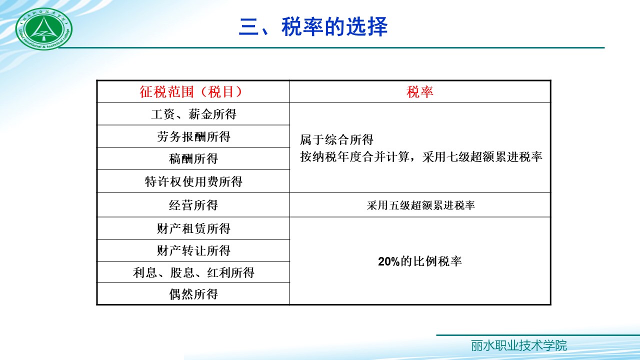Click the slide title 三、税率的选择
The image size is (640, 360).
pyautogui.click(x=313, y=27)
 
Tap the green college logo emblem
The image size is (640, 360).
pyautogui.click(x=44, y=29)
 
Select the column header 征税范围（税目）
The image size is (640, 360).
pyautogui.click(x=193, y=92)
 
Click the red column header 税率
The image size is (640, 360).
pyautogui.click(x=420, y=92)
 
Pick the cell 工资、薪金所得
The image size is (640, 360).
pyautogui.click(x=193, y=114)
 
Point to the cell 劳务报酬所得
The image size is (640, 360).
pyautogui.click(x=193, y=136)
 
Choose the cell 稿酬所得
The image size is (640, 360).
pyautogui.click(x=193, y=159)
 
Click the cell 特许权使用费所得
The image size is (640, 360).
pyautogui.click(x=193, y=181)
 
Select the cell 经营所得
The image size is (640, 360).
pyautogui.click(x=193, y=205)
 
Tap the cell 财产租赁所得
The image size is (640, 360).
pyautogui.click(x=193, y=228)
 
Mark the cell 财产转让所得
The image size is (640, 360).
pyautogui.click(x=193, y=250)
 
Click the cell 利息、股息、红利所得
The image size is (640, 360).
pyautogui.click(x=193, y=272)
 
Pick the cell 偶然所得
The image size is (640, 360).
pyautogui.click(x=193, y=294)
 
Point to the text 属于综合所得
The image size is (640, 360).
pyautogui.click(x=337, y=139)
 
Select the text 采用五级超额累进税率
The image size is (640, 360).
pyautogui.click(x=420, y=205)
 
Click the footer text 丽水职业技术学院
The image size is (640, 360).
pyautogui.click(x=518, y=345)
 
